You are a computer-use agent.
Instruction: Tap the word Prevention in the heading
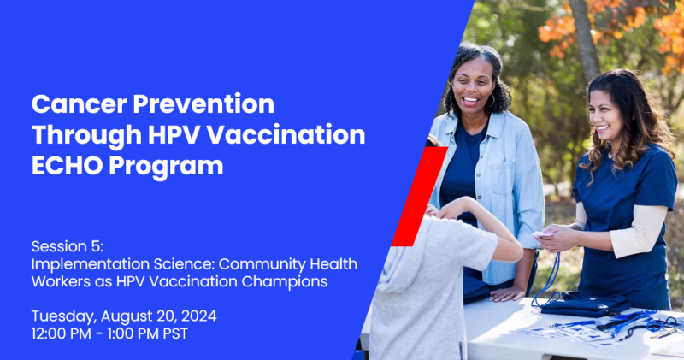[203, 103]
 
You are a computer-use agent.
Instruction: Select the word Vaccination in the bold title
[286, 134]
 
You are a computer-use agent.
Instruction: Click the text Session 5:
[68, 246]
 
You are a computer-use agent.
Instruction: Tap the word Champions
[285, 282]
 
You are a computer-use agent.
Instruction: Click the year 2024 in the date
[199, 316]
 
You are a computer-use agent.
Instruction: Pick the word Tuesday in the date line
[63, 316]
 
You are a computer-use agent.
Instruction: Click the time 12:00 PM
[61, 333]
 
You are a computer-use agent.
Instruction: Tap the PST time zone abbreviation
[175, 333]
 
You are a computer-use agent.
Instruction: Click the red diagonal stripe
[420, 197]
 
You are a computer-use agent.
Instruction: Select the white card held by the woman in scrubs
[542, 234]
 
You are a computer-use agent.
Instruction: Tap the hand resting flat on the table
[506, 295]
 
